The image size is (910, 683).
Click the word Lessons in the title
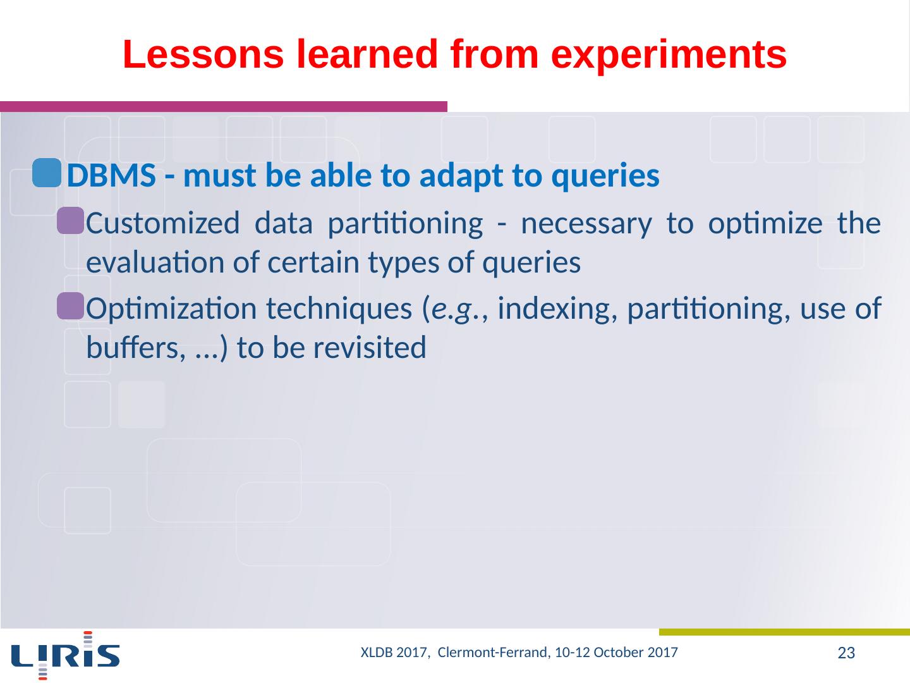203,54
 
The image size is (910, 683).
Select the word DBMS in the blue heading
111,176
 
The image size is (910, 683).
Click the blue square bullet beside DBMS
47,173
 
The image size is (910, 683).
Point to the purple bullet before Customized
71,221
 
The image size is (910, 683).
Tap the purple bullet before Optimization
71,306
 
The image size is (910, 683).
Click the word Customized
163,223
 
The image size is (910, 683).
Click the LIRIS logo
66,656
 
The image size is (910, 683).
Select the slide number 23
846,653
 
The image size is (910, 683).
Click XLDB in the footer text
377,652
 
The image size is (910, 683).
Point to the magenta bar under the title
224,107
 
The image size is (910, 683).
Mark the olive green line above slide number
784,632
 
